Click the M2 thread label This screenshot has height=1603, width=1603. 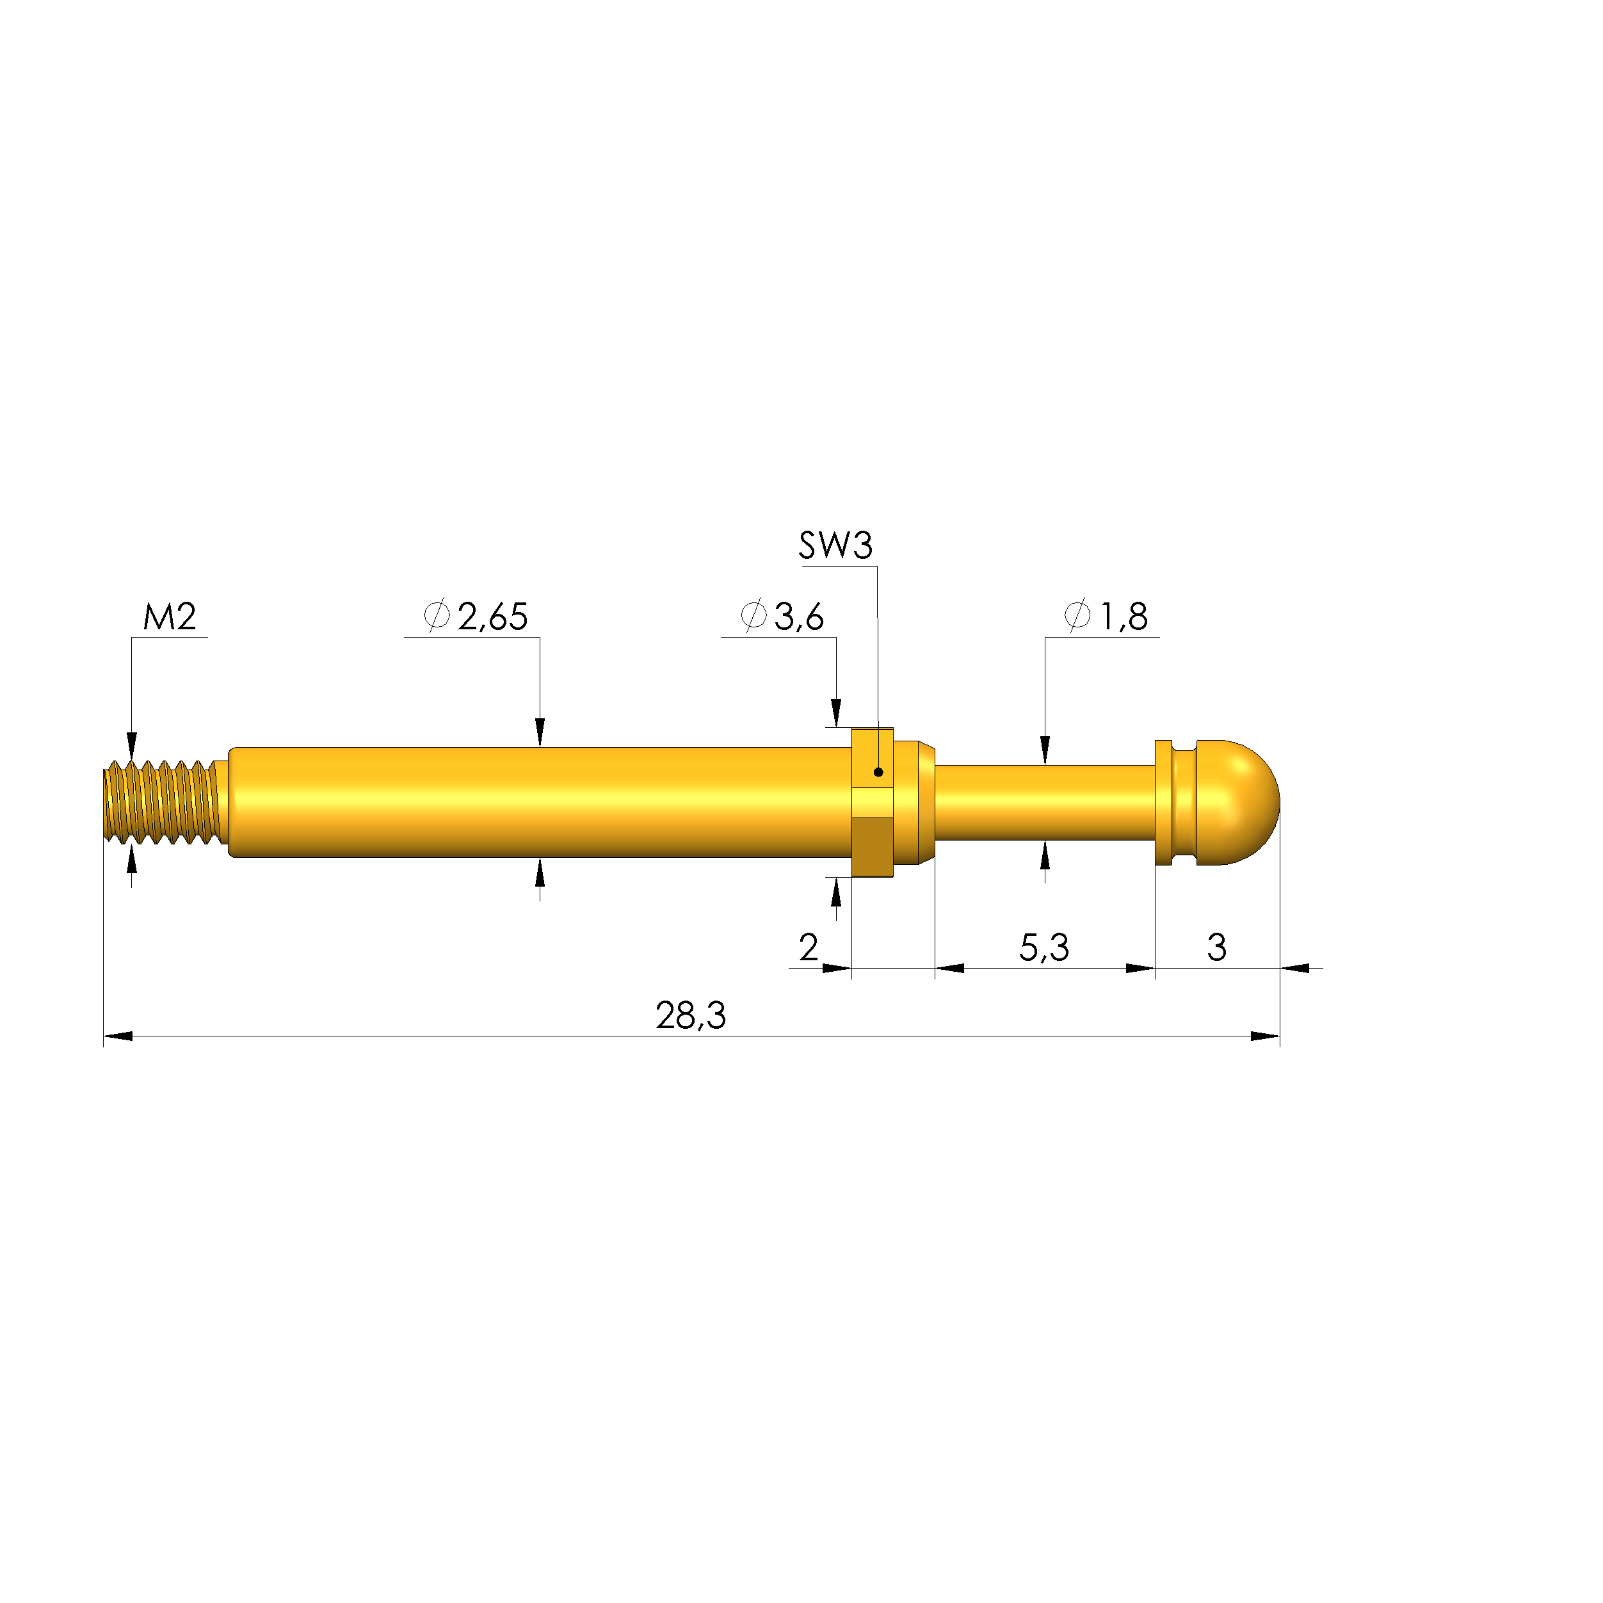tap(169, 616)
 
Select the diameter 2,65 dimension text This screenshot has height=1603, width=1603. tap(476, 616)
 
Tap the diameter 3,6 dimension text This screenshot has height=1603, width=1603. tap(782, 616)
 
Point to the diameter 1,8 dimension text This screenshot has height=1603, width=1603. tap(1106, 616)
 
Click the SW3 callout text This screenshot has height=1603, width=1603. tap(835, 546)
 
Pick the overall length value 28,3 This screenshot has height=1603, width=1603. tap(690, 1015)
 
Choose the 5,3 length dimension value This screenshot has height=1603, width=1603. tap(1043, 947)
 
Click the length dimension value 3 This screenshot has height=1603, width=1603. tap(1216, 947)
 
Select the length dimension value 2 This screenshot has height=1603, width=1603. tap(808, 947)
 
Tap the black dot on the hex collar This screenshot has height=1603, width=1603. tap(878, 773)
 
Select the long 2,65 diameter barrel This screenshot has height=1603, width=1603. tap(539, 802)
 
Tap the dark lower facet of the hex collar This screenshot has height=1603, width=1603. tap(872, 846)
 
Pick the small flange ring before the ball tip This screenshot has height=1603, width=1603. tap(1163, 802)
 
